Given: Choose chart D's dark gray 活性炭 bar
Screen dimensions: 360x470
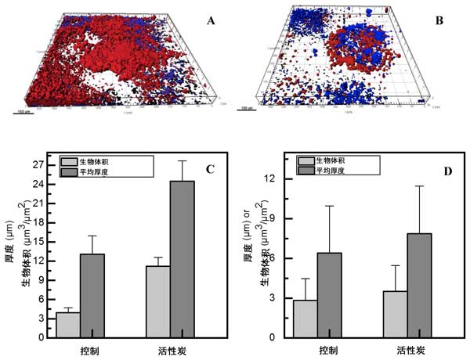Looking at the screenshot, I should point(420,285).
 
